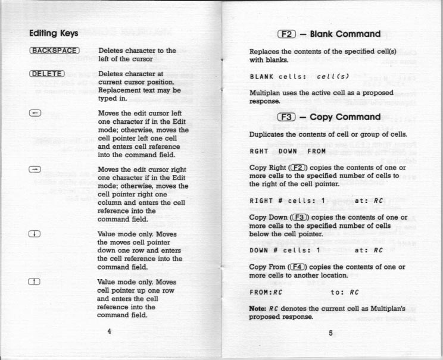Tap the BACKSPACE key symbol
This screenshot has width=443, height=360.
[x=54, y=51]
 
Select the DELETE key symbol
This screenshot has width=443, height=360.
[x=46, y=74]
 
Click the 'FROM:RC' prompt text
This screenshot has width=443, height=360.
[x=266, y=292]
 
